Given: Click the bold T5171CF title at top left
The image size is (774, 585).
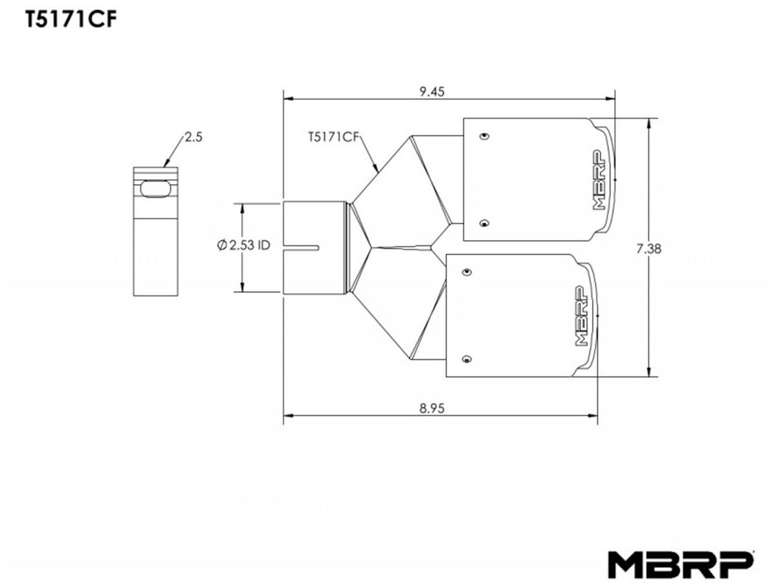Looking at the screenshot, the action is click(71, 19).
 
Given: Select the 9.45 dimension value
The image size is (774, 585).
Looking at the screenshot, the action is click(432, 92).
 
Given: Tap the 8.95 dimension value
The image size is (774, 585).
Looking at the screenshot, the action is click(432, 409).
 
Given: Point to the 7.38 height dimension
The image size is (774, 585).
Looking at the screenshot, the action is click(649, 249).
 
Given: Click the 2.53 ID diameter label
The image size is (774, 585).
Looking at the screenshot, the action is click(244, 245).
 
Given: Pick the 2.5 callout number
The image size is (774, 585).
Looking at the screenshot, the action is click(194, 137).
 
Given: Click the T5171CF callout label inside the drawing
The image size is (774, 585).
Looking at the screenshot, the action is click(333, 137).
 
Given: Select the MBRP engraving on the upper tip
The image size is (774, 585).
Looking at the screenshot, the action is click(599, 180).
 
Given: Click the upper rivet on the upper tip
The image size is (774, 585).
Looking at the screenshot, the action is click(484, 136).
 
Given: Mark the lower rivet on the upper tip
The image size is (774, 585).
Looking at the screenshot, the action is click(484, 223).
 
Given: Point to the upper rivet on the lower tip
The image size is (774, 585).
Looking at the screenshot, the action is click(467, 272).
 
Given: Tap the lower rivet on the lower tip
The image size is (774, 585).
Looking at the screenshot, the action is click(467, 359).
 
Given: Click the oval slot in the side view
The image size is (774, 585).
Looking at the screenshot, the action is click(155, 189).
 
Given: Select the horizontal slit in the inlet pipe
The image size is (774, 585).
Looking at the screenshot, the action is click(301, 248).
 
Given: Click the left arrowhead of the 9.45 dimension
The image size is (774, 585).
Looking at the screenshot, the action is click(288, 99).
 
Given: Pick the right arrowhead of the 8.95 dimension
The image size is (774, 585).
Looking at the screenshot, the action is click(593, 416).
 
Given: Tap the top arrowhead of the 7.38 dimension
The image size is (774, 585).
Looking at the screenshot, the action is click(648, 123).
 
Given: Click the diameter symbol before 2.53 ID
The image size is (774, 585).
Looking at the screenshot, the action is click(222, 245).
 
